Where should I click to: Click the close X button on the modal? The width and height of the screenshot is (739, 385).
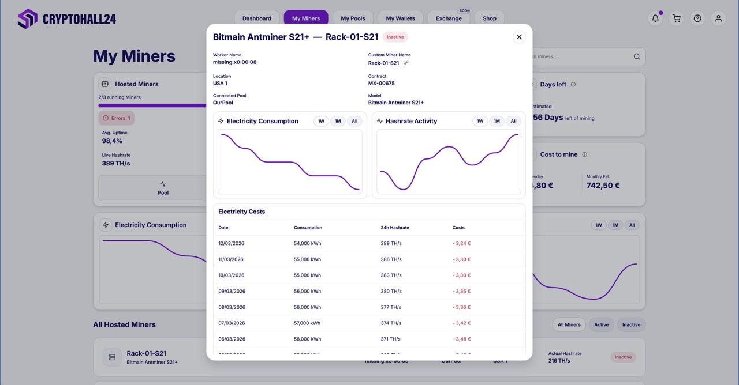pyautogui.click(x=519, y=37)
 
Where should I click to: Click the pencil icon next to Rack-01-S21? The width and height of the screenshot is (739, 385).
pyautogui.click(x=406, y=63)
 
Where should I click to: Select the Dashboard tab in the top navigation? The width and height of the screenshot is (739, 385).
pyautogui.click(x=257, y=18)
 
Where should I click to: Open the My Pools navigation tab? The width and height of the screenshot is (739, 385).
pyautogui.click(x=353, y=18)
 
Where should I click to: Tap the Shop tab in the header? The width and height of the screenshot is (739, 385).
pyautogui.click(x=489, y=18)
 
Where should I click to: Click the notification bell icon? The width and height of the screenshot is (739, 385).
pyautogui.click(x=655, y=18)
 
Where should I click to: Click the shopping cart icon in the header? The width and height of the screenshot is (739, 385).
pyautogui.click(x=676, y=18)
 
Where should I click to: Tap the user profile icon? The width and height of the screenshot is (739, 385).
pyautogui.click(x=718, y=18)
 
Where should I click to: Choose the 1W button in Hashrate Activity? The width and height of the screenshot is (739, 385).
pyautogui.click(x=480, y=121)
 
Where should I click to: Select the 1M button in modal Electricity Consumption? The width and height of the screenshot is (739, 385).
pyautogui.click(x=338, y=121)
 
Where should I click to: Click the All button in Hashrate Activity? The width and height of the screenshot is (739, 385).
pyautogui.click(x=513, y=121)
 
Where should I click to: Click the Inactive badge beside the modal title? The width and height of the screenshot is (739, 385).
pyautogui.click(x=395, y=37)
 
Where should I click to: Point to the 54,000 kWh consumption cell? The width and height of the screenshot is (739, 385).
pyautogui.click(x=307, y=243)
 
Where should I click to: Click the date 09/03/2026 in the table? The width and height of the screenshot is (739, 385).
pyautogui.click(x=232, y=291)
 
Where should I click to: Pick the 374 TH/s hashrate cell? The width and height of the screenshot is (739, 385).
pyautogui.click(x=390, y=323)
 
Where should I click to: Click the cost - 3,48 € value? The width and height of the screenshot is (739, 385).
pyautogui.click(x=461, y=339)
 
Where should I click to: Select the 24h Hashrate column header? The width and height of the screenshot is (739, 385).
pyautogui.click(x=395, y=228)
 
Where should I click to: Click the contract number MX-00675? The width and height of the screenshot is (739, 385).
pyautogui.click(x=382, y=84)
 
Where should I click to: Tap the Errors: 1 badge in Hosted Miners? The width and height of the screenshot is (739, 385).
pyautogui.click(x=117, y=118)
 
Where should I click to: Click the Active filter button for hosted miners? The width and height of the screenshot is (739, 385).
pyautogui.click(x=601, y=324)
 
